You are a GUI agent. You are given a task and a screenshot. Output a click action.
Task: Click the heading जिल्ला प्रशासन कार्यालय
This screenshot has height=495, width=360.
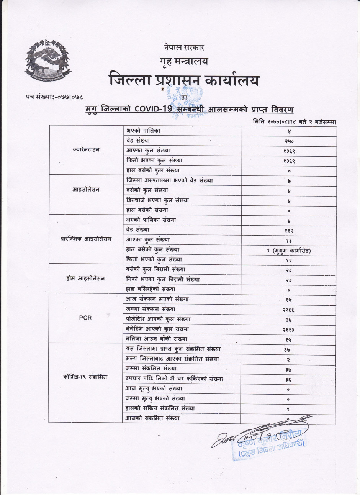pyautogui.click(x=184, y=80)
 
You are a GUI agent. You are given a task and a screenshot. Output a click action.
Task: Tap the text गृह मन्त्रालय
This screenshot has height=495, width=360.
pyautogui.click(x=184, y=61)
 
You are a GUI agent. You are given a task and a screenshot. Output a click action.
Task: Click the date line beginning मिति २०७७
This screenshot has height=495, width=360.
pyautogui.click(x=295, y=122)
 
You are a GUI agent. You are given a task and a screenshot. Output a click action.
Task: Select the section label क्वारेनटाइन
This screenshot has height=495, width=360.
pyautogui.click(x=86, y=150)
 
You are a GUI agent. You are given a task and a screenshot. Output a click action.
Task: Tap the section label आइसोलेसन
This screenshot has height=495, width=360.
pyautogui.click(x=86, y=190)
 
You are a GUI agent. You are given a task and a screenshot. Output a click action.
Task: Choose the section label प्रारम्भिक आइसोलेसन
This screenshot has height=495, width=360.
pyautogui.click(x=86, y=239)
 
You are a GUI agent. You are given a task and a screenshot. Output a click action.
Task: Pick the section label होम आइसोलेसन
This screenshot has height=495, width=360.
pyautogui.click(x=86, y=279)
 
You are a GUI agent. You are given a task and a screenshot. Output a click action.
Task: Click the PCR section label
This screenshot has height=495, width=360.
pyautogui.click(x=85, y=318)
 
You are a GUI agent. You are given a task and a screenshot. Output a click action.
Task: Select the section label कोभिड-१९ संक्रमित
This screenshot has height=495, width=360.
pyautogui.click(x=85, y=377)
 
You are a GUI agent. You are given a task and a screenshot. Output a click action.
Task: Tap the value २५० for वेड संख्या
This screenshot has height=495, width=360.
pyautogui.click(x=289, y=141)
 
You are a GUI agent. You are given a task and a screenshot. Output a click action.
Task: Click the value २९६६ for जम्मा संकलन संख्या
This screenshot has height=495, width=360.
pyautogui.click(x=289, y=310)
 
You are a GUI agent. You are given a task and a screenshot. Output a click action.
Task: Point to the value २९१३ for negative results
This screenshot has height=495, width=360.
pyautogui.click(x=289, y=329)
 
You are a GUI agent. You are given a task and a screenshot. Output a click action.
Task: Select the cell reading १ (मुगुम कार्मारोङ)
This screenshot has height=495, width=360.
pyautogui.click(x=289, y=251)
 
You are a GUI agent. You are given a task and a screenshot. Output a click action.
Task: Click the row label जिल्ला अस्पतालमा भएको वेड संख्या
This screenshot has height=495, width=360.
pyautogui.click(x=170, y=180)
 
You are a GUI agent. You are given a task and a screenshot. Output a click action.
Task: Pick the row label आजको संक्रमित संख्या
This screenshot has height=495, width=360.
pyautogui.click(x=152, y=418)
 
